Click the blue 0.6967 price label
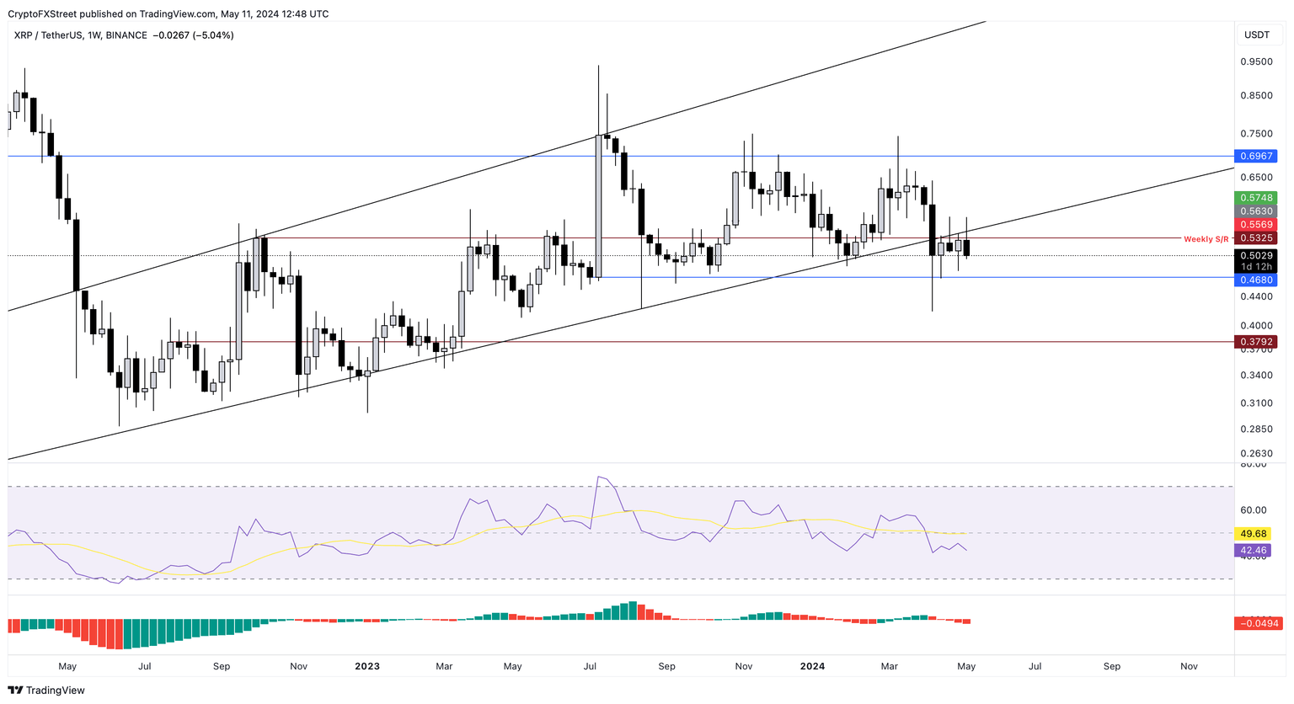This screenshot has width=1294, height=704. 1255,157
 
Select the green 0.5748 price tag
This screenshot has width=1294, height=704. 1255,198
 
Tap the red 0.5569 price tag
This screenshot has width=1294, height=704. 1255,225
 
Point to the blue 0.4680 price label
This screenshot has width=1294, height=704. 1255,280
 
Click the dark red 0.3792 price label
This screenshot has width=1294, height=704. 1255,342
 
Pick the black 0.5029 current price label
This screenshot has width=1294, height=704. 1255,255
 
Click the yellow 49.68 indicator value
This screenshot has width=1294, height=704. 1254,534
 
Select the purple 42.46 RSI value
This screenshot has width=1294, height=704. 1254,551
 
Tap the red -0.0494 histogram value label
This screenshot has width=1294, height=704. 1258,623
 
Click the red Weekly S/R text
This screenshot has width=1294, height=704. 1206,239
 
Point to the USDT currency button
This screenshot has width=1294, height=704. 1257,35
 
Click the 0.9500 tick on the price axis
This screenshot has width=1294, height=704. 1256,62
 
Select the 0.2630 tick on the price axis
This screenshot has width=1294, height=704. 1256,453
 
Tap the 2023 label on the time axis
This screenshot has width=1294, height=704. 367,666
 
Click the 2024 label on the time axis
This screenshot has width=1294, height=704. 812,666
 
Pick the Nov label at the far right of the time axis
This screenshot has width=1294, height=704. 1189,666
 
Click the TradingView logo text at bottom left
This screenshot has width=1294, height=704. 55,691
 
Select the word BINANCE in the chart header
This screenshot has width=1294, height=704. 126,35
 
